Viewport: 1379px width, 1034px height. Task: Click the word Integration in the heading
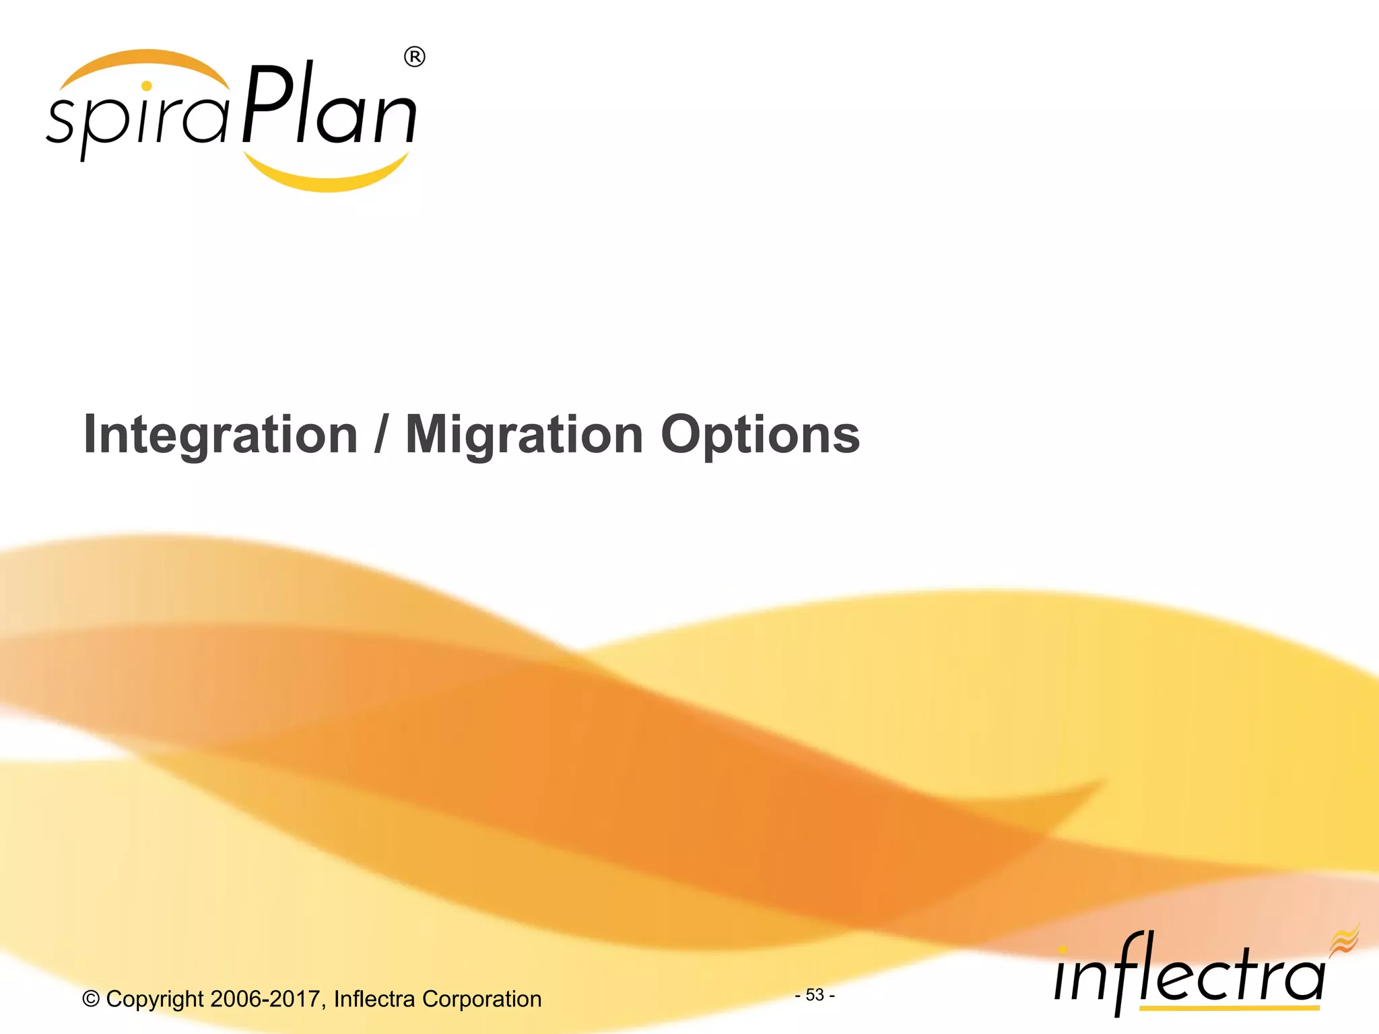[x=220, y=435]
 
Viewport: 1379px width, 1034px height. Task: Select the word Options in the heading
[x=760, y=435]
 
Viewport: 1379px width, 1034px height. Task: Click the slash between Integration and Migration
[x=381, y=435]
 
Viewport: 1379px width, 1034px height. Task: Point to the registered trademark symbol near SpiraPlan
[x=415, y=58]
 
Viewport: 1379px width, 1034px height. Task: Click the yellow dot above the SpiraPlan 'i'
[x=147, y=86]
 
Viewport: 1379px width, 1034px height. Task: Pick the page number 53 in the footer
[x=815, y=994]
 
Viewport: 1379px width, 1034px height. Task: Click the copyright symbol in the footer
[x=91, y=999]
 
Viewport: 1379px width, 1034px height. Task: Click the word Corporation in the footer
[x=481, y=999]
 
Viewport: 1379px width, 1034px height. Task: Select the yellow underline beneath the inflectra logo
[x=1229, y=1008]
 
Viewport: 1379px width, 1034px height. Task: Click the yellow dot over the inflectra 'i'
[x=1063, y=950]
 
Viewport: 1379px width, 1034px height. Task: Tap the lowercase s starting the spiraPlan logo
[x=61, y=121]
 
